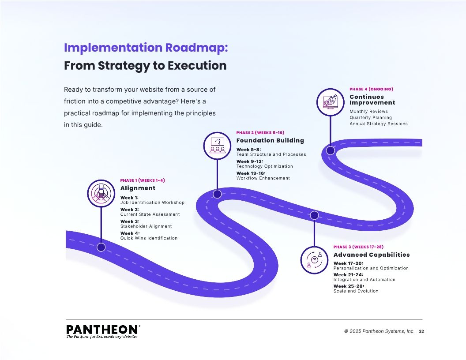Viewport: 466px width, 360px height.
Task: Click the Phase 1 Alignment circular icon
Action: point(101,193)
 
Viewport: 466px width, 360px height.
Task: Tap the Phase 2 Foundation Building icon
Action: point(217,146)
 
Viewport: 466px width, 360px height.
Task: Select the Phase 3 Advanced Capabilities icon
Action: point(314,260)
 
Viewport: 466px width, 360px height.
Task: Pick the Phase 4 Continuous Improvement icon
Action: point(330,102)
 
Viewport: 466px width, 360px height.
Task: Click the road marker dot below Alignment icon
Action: point(101,247)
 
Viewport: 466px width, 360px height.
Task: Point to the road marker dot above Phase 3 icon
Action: point(314,215)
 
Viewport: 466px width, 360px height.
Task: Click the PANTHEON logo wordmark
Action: point(102,330)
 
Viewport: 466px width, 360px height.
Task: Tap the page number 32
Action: point(421,331)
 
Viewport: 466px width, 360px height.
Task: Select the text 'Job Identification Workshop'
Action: point(152,202)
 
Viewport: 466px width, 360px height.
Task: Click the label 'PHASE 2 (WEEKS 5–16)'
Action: point(260,133)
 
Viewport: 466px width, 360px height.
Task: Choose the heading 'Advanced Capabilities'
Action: point(372,255)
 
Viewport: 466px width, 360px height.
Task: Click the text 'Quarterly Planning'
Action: point(371,118)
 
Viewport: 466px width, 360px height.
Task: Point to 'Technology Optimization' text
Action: point(264,166)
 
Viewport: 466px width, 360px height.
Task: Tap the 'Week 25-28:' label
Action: point(349,286)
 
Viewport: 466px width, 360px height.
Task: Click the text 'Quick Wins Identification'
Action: point(149,238)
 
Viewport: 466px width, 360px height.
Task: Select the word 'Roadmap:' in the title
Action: point(196,48)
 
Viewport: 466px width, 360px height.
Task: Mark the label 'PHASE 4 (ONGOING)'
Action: point(371,89)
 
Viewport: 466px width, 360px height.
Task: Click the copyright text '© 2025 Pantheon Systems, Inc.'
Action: point(379,331)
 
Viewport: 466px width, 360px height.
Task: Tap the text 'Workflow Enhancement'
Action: point(263,178)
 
